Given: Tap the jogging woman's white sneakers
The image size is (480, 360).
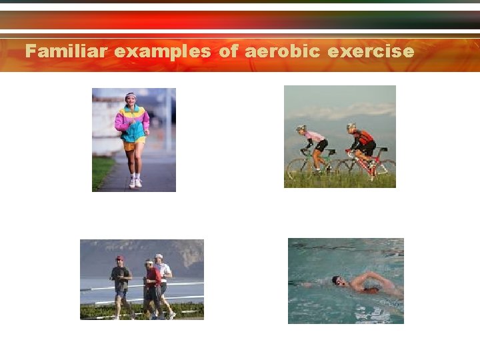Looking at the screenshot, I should pyautogui.click(x=135, y=183).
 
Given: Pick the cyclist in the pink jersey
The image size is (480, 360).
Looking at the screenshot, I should pyautogui.click(x=314, y=143).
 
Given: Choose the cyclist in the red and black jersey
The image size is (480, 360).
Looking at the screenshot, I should pyautogui.click(x=363, y=143).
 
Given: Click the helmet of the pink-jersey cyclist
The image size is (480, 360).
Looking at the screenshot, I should pyautogui.click(x=301, y=128).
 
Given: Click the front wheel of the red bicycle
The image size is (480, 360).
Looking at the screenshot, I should pyautogui.click(x=383, y=171).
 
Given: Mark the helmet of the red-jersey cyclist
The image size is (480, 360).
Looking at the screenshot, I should pyautogui.click(x=351, y=126).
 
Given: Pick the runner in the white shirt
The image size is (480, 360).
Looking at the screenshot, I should pyautogui.click(x=163, y=280).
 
